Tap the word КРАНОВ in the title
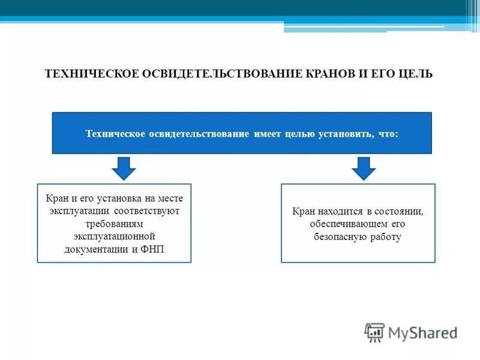click(x=325, y=74)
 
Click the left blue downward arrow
click(x=124, y=169)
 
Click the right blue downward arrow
click(x=363, y=169)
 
